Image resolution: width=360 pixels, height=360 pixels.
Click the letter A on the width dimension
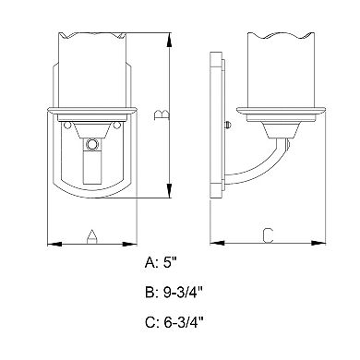tap(92, 237)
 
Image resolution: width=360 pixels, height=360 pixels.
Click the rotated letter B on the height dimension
tap(162, 114)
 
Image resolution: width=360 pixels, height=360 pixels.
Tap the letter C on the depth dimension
tap(268, 235)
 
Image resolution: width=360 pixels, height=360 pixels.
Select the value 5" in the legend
tap(170, 263)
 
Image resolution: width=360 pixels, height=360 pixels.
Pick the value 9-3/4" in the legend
tap(184, 293)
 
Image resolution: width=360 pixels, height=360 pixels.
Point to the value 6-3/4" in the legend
tap(184, 322)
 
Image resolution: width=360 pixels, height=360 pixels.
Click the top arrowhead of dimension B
tap(169, 40)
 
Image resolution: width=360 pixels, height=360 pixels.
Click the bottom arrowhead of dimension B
tap(169, 190)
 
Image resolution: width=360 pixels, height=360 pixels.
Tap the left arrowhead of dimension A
tap(54, 244)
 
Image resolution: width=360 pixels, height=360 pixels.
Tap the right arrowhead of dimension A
tap(129, 244)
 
